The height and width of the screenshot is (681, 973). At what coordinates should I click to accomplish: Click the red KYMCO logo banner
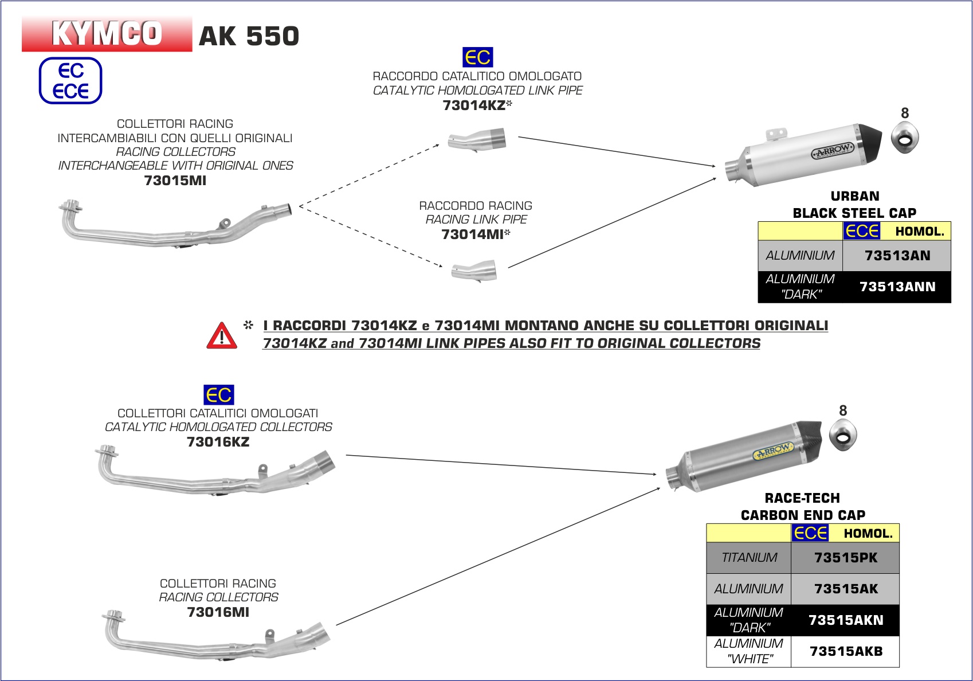pyautogui.click(x=107, y=34)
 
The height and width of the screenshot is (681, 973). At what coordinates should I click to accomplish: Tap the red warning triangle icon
pyautogui.click(x=222, y=336)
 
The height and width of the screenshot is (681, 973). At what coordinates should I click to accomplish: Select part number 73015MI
pyautogui.click(x=175, y=181)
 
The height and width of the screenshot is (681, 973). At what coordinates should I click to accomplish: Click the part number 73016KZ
pyautogui.click(x=218, y=442)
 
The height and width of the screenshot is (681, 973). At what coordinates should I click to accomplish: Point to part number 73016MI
pyautogui.click(x=218, y=612)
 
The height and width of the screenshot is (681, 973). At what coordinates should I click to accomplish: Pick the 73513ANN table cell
pyautogui.click(x=897, y=287)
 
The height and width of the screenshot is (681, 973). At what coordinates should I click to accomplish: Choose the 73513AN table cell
pyautogui.click(x=897, y=256)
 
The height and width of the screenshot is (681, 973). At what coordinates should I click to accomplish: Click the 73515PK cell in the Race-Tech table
pyautogui.click(x=846, y=558)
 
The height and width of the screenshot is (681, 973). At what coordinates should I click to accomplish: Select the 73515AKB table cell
pyautogui.click(x=846, y=651)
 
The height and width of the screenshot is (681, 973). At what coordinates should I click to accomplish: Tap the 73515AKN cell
pyautogui.click(x=846, y=620)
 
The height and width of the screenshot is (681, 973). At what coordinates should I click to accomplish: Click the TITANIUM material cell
pyautogui.click(x=749, y=558)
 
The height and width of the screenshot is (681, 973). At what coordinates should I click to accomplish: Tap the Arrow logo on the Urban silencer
pyautogui.click(x=833, y=151)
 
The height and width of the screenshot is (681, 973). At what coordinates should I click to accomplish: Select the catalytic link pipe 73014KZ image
pyautogui.click(x=477, y=140)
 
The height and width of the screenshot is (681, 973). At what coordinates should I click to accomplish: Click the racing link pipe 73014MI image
pyautogui.click(x=474, y=270)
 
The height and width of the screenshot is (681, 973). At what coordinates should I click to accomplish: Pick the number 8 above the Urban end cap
pyautogui.click(x=905, y=113)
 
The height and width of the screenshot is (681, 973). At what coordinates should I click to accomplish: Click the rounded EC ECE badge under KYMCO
pyautogui.click(x=70, y=81)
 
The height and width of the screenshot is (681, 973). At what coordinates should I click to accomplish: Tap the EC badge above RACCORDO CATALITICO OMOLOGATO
pyautogui.click(x=477, y=57)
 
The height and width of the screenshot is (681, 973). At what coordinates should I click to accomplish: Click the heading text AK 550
pyautogui.click(x=249, y=36)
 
